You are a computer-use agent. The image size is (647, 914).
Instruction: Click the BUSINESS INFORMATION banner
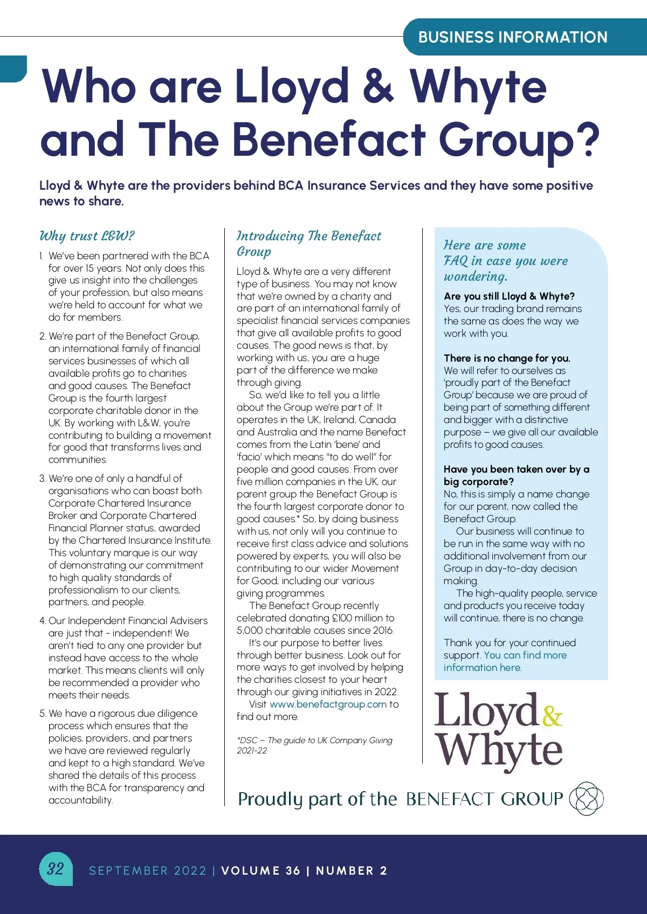(x=513, y=37)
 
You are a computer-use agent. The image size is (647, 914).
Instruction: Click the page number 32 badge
(x=56, y=868)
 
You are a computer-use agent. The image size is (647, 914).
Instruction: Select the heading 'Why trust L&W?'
(x=87, y=236)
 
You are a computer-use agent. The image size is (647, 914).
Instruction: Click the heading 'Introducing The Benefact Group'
(x=308, y=244)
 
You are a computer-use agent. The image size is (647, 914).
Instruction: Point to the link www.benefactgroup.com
(x=328, y=704)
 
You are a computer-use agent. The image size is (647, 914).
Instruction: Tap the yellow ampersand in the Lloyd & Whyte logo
(x=552, y=716)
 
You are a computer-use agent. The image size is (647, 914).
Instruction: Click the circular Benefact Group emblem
(x=587, y=798)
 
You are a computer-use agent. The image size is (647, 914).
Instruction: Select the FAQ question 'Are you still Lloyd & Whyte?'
(x=509, y=296)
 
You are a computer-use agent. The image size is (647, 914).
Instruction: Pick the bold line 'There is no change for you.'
(x=506, y=358)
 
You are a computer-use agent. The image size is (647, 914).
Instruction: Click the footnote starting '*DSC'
(x=314, y=745)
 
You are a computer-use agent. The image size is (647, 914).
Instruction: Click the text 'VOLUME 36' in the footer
(x=260, y=870)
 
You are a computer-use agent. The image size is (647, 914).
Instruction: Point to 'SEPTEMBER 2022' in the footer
(x=148, y=870)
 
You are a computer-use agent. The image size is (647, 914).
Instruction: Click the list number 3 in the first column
(x=42, y=479)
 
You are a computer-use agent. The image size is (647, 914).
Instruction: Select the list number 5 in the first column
(x=42, y=714)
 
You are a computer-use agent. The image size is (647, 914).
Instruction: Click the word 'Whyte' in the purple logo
(x=499, y=751)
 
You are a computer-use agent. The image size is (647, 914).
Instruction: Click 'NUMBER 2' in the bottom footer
(x=352, y=870)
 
